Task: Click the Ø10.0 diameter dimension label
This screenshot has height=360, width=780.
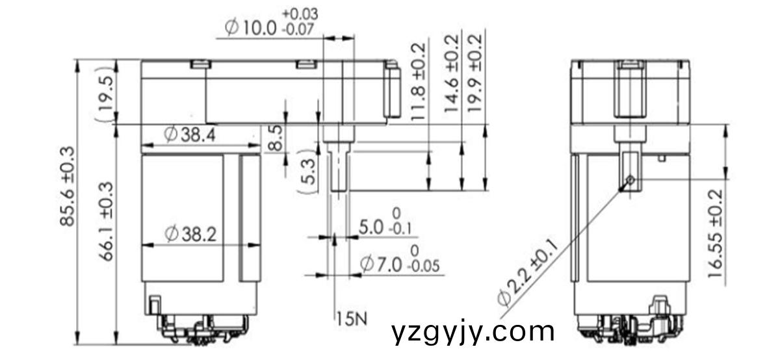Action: pos(251,27)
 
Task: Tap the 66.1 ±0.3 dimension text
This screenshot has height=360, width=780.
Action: pos(106,221)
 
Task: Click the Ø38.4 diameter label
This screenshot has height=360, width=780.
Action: pos(190,135)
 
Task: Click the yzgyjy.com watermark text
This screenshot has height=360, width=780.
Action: pos(473,332)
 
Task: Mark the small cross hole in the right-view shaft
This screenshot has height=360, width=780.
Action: pos(630,180)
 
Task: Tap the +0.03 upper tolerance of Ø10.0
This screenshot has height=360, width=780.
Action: pos(300,14)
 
